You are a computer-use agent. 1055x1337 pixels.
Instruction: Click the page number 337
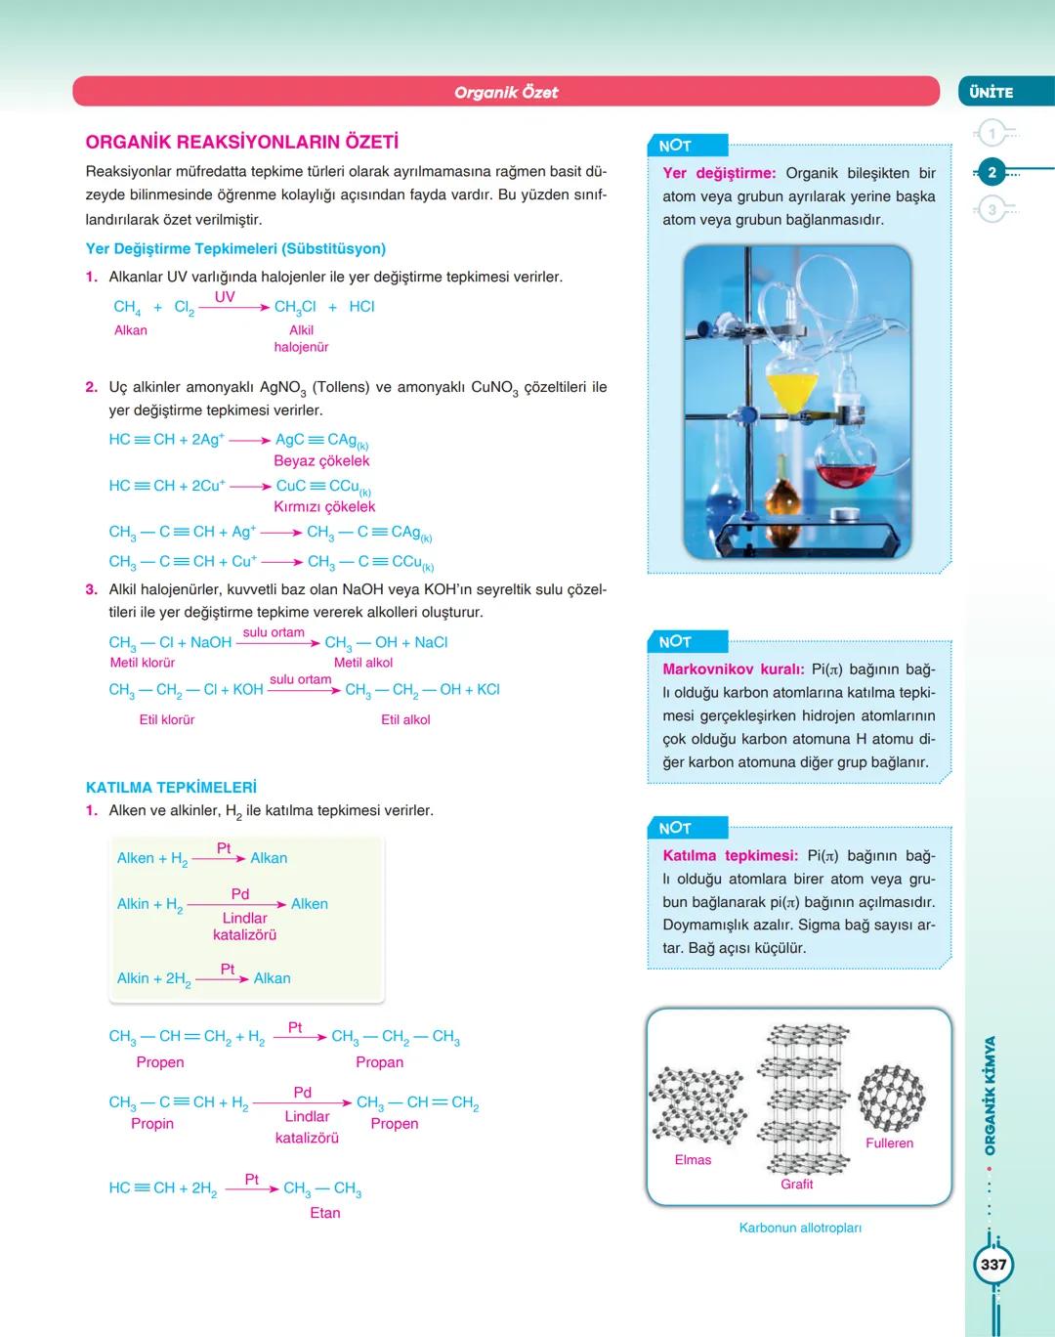click(993, 1265)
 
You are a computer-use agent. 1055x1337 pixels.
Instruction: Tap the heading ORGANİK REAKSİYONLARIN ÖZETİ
click(241, 143)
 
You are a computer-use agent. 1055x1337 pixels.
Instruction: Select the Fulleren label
click(889, 1143)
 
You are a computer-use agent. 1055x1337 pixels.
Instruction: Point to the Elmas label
click(693, 1160)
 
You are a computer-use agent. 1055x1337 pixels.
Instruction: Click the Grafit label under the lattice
click(796, 1185)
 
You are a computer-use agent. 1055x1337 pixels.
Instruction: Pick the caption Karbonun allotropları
click(800, 1229)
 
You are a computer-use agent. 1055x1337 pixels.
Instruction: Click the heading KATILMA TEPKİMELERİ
click(171, 788)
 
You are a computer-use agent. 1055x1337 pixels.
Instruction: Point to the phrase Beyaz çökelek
click(321, 461)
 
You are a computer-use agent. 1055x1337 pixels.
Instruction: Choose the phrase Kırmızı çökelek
click(324, 507)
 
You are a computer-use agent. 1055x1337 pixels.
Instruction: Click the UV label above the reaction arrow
click(225, 297)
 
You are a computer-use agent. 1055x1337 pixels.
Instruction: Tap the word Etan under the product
click(325, 1213)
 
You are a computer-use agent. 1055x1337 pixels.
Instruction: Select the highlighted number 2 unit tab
click(992, 172)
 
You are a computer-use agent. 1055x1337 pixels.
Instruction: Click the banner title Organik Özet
click(506, 92)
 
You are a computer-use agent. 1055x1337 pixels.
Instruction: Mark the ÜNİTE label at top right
click(992, 92)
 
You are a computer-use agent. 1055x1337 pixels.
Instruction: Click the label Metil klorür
click(143, 663)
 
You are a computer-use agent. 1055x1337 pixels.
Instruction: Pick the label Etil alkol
click(405, 720)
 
